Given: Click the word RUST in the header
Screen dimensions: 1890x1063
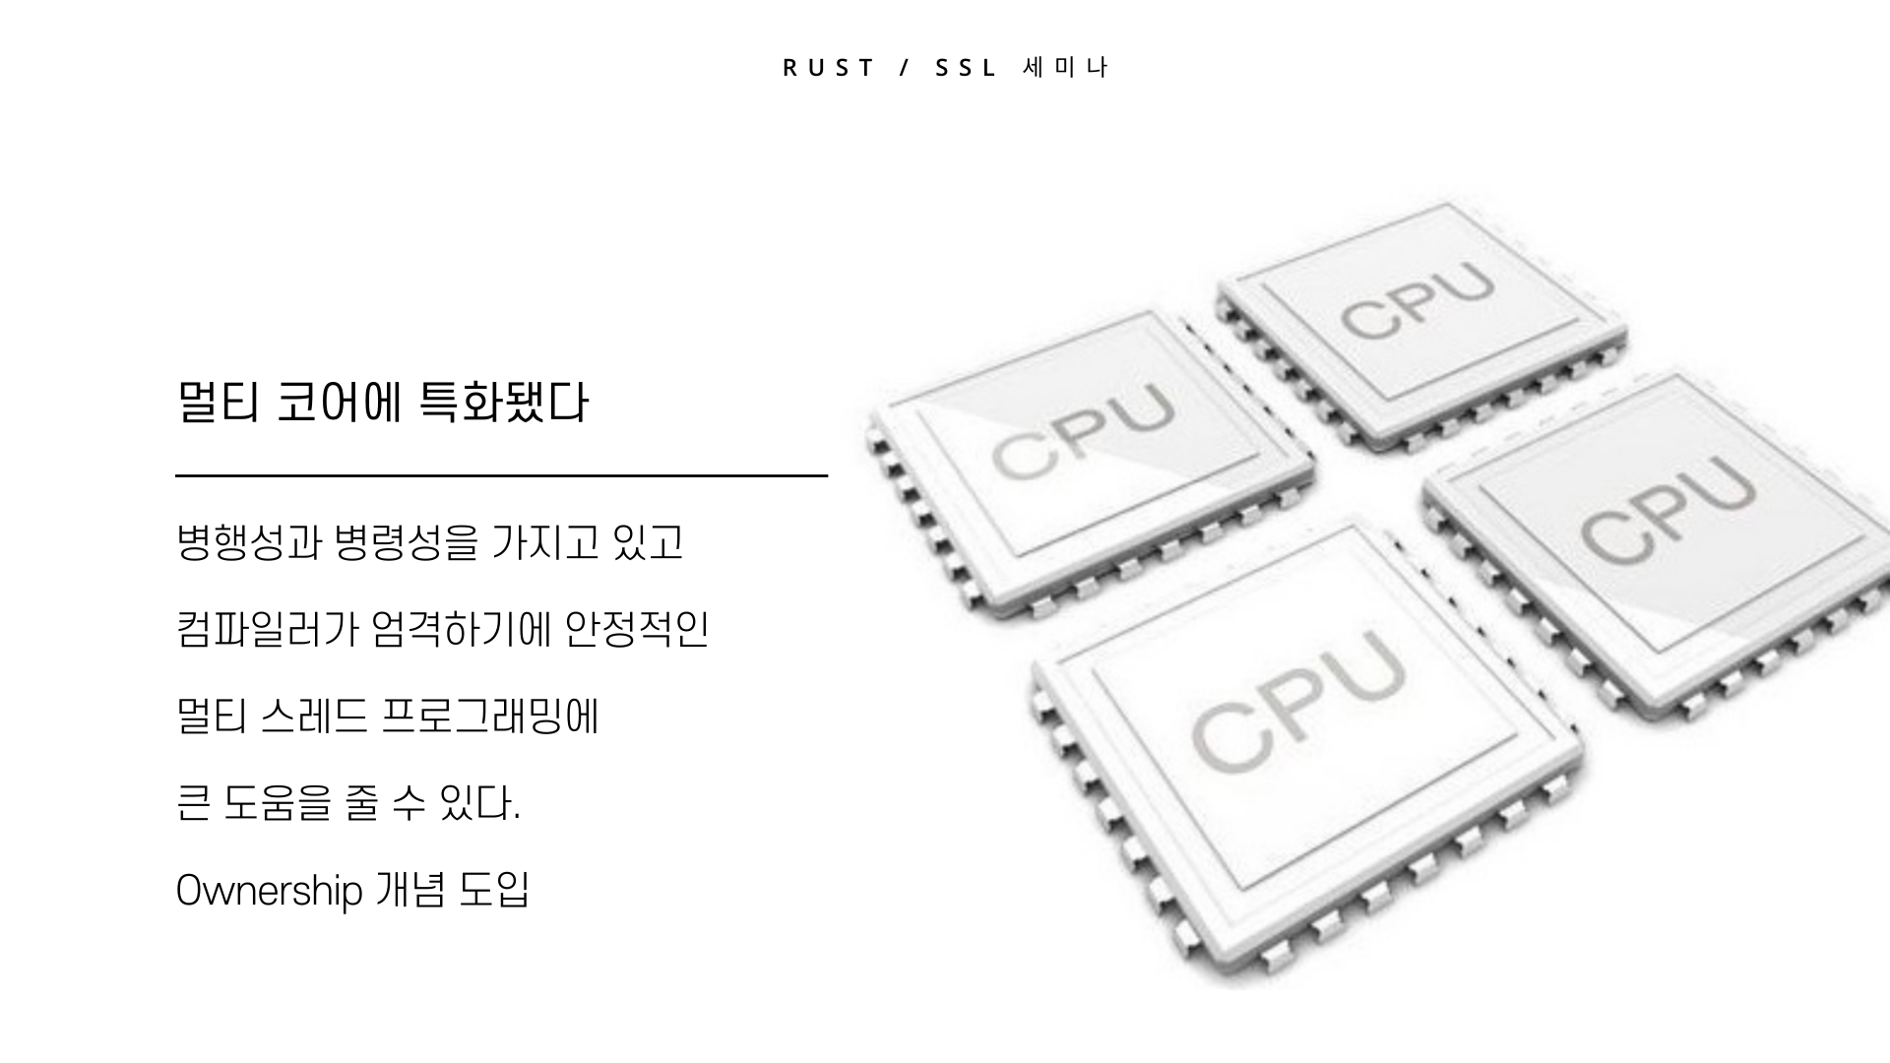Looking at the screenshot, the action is click(x=828, y=68).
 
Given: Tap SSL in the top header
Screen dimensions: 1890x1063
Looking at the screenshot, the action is click(x=966, y=68).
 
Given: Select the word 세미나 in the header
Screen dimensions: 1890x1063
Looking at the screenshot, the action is click(x=1066, y=68).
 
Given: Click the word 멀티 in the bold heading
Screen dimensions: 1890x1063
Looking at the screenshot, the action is click(x=218, y=403).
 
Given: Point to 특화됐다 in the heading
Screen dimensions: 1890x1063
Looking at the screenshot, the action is click(x=503, y=403).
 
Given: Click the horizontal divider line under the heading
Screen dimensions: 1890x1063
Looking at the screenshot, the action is click(x=501, y=475).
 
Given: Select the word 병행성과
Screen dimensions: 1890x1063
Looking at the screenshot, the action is click(x=249, y=542).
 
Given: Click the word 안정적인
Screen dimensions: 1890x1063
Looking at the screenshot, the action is click(x=637, y=629).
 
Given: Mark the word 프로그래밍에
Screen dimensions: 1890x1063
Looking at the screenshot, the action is click(x=489, y=716).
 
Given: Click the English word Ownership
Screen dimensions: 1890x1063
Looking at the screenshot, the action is click(x=270, y=891).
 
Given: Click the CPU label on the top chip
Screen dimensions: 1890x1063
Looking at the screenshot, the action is click(x=1417, y=300).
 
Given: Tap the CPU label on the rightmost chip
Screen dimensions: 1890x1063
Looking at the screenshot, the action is click(x=1668, y=512).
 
